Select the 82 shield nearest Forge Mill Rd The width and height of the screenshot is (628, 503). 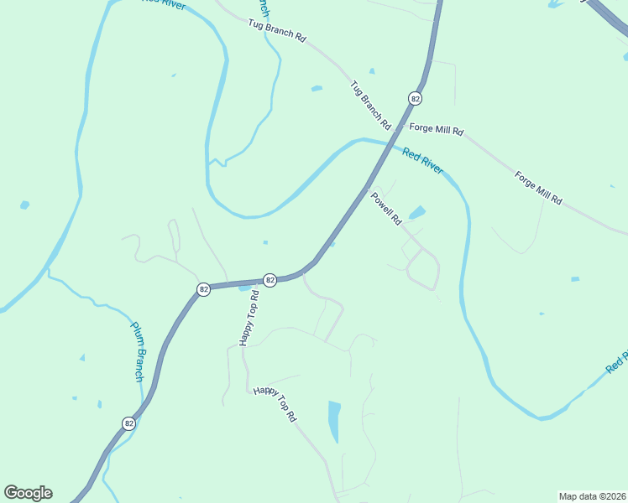click(415, 99)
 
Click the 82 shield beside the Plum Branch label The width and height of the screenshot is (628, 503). click(128, 423)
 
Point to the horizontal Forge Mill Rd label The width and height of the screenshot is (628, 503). click(436, 130)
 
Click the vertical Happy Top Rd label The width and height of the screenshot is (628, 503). click(249, 319)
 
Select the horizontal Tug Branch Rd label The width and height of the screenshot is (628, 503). click(277, 32)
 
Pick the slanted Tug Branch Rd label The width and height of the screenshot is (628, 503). click(371, 104)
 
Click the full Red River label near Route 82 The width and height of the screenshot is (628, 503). click(422, 160)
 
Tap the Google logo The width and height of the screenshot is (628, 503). click(28, 493)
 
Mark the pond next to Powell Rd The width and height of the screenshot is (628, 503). click(416, 212)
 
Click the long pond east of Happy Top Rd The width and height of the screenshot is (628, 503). click(334, 421)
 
